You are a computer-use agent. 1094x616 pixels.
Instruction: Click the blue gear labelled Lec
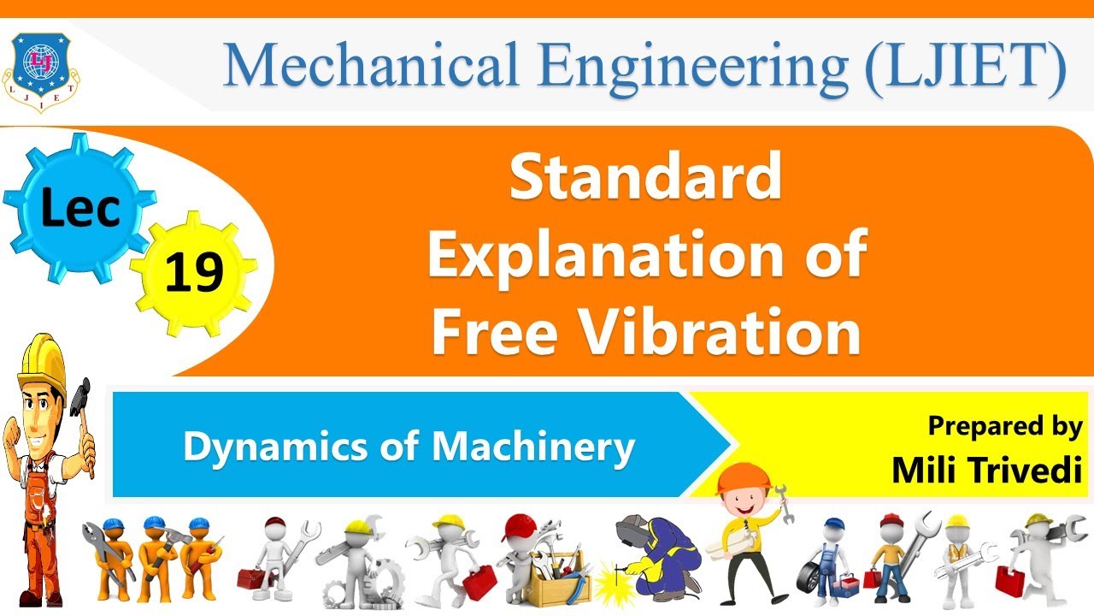[79, 205]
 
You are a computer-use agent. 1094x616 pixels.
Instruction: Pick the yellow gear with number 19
[195, 273]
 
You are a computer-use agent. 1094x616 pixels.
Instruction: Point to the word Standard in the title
[645, 178]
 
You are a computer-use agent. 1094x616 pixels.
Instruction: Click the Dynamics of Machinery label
[409, 446]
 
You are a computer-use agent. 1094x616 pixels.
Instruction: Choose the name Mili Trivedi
[986, 470]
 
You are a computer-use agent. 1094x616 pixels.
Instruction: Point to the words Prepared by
[1005, 425]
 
